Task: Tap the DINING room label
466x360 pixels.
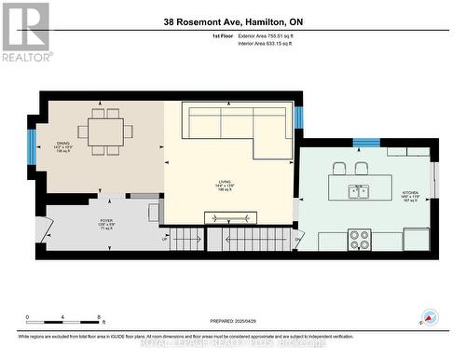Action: click(62, 146)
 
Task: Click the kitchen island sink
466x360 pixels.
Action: click(358, 192)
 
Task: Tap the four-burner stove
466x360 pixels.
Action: click(360, 240)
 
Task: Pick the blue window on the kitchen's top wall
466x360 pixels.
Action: click(366, 142)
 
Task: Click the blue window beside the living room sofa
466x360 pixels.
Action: click(299, 118)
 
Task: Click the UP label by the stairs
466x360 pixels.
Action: click(167, 239)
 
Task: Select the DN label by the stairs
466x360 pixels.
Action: click(297, 239)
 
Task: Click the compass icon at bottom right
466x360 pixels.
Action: click(431, 317)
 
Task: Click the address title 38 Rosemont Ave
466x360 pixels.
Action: click(232, 22)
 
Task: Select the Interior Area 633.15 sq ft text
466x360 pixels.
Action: click(272, 42)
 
